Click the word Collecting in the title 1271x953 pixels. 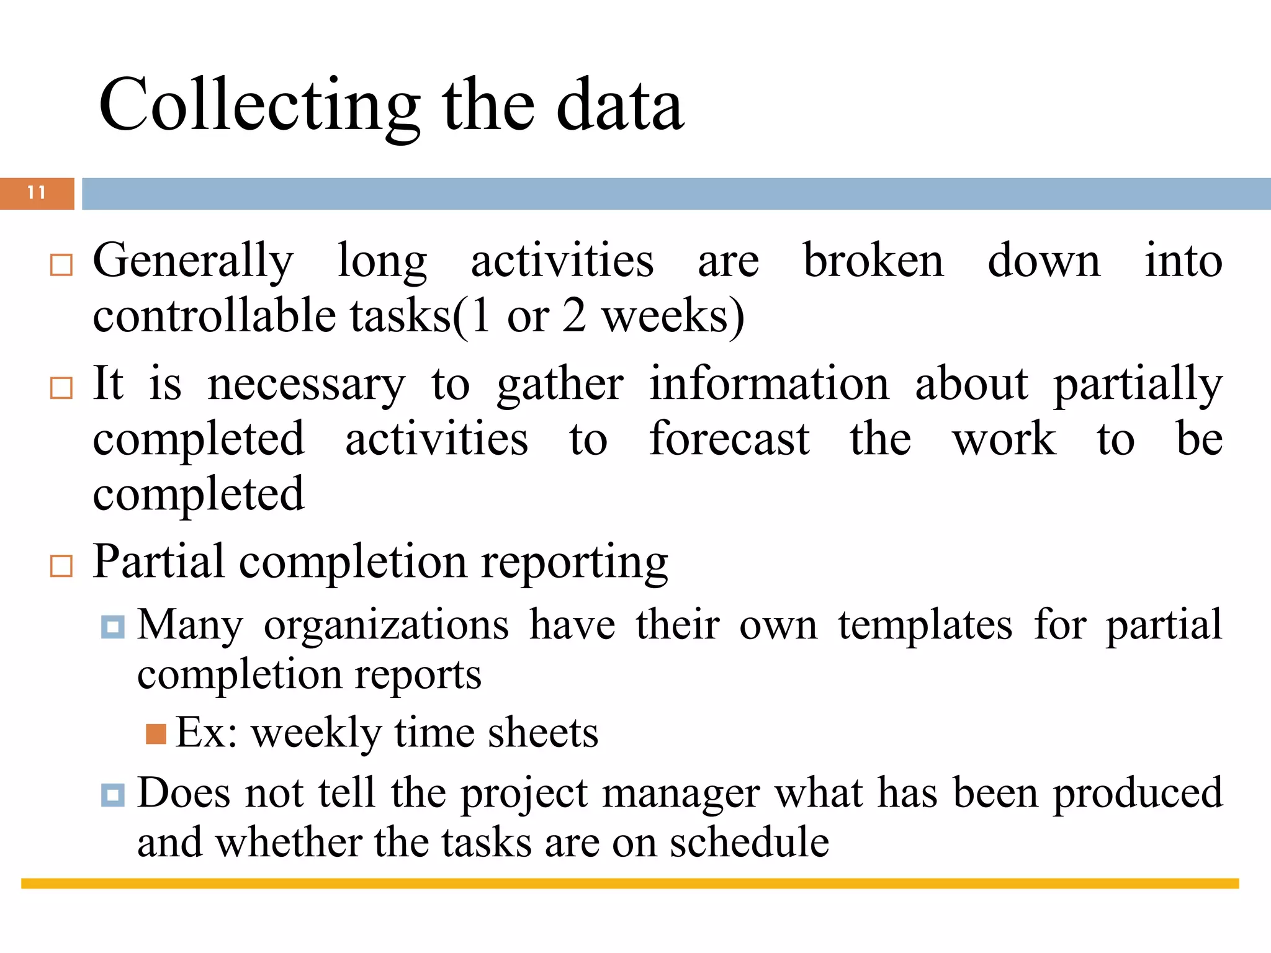(x=259, y=105)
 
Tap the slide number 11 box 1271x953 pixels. (x=37, y=193)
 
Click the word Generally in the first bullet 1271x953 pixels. (x=192, y=261)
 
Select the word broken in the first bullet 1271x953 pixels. (x=873, y=261)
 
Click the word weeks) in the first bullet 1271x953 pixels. (x=673, y=316)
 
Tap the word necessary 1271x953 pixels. (x=306, y=385)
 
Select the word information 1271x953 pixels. (x=769, y=384)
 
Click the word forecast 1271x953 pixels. (x=729, y=439)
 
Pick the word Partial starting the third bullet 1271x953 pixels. (x=158, y=562)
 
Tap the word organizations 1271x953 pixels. (x=386, y=625)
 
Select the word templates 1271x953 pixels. (x=925, y=625)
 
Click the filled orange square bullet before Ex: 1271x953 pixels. (x=156, y=734)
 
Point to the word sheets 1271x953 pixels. (x=542, y=733)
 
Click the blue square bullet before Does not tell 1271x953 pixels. (x=113, y=795)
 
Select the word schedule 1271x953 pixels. (x=749, y=843)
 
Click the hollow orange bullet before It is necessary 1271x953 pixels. (x=61, y=388)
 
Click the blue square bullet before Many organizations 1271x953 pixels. (x=113, y=627)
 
